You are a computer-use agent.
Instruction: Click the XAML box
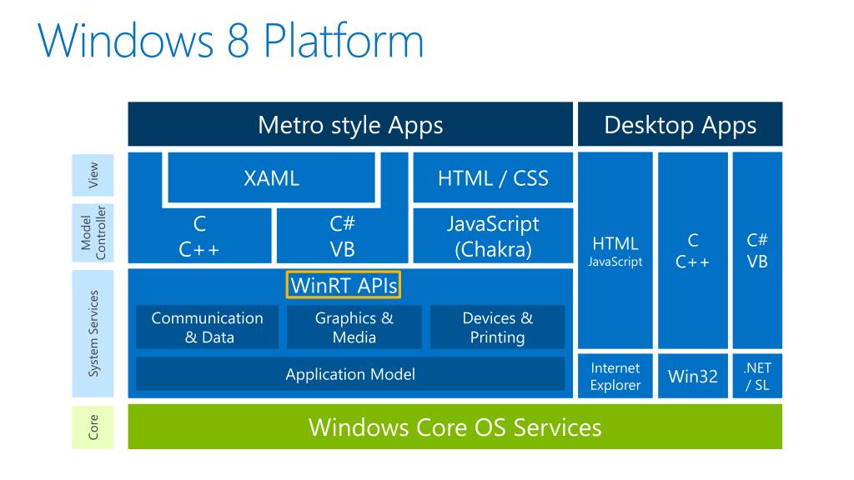[271, 177]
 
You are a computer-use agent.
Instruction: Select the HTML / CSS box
[493, 177]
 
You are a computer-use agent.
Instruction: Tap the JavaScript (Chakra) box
[493, 236]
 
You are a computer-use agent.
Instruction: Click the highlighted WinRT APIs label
[343, 285]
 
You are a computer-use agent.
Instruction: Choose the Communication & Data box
[207, 327]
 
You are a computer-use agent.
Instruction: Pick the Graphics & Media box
[354, 327]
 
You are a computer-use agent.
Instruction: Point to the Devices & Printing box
[497, 327]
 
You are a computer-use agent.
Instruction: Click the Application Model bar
[350, 374]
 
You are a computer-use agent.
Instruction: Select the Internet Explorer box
[615, 376]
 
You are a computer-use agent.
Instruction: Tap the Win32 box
[693, 376]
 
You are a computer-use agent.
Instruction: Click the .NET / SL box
[757, 376]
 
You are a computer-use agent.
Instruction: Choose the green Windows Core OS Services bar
[455, 427]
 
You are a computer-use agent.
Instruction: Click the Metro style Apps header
[350, 124]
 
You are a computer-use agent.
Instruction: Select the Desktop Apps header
[681, 124]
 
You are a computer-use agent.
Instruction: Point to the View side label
[93, 175]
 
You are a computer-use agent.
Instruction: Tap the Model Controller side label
[93, 233]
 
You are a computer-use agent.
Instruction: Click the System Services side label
[93, 333]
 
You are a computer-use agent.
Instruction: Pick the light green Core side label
[93, 427]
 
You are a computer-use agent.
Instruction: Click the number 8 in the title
[238, 41]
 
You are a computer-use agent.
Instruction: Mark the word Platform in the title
[343, 40]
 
